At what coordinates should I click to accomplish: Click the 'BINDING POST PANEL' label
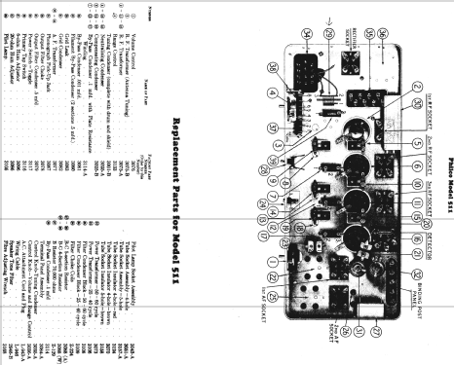(x=413, y=281)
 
